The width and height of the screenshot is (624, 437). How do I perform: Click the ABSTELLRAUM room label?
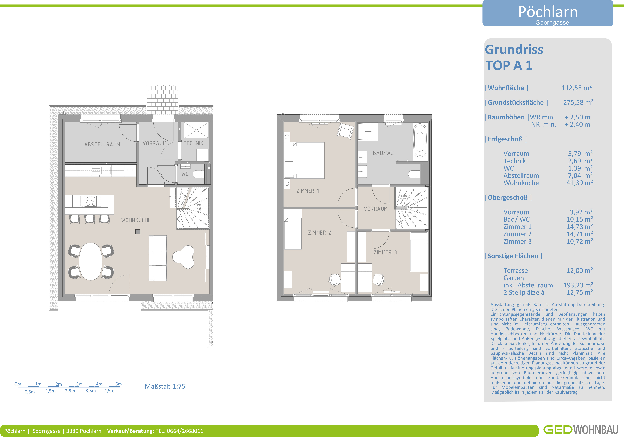click(102, 144)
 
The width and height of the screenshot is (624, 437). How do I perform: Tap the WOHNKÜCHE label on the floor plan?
click(136, 220)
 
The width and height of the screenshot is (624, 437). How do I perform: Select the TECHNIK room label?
click(194, 143)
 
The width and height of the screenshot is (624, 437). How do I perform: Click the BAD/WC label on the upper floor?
click(383, 153)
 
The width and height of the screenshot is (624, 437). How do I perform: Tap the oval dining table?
click(91, 261)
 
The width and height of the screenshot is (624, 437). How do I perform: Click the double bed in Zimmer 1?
click(304, 160)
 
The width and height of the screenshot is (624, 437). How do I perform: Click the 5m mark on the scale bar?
click(119, 384)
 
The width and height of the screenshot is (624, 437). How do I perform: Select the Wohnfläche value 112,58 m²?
click(577, 88)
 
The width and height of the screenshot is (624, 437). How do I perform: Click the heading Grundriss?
click(514, 50)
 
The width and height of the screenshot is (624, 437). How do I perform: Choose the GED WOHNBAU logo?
click(581, 430)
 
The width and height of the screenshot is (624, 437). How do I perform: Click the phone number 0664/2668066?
click(185, 431)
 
